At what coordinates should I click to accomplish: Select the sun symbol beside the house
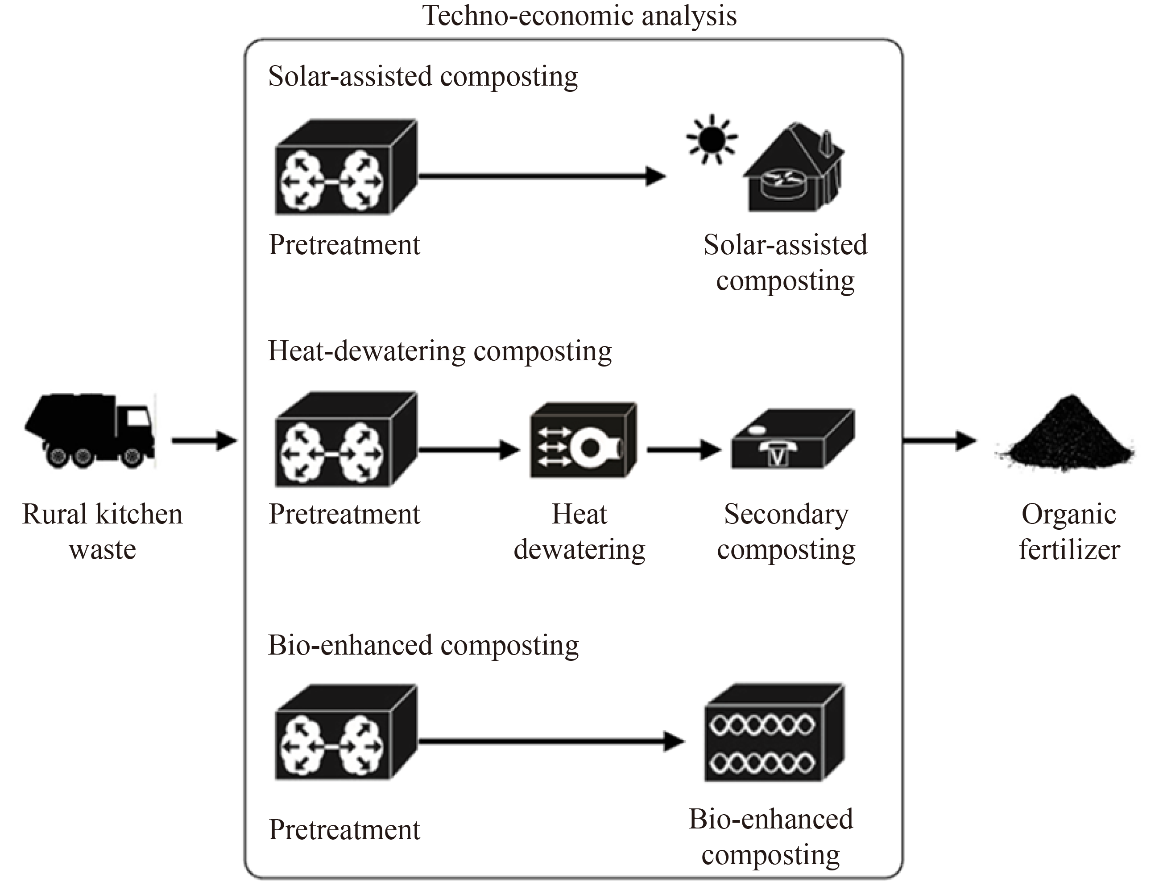712,139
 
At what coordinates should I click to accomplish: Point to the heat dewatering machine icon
583,441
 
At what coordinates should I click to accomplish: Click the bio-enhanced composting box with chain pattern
774,733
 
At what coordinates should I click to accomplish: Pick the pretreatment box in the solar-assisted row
346,168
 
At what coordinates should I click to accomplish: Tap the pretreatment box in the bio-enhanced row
346,733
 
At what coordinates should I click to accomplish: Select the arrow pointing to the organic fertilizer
939,441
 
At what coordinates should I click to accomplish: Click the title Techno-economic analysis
579,16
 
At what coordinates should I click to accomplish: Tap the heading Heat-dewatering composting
439,351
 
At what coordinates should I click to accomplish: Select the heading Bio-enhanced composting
423,645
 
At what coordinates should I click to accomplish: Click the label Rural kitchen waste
102,532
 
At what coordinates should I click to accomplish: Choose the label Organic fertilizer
1069,532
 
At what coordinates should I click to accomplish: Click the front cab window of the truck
138,418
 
